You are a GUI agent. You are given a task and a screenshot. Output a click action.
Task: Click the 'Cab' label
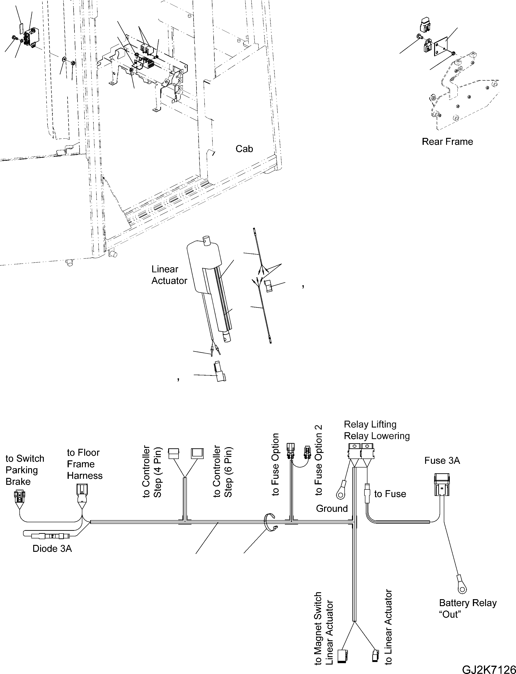coord(244,149)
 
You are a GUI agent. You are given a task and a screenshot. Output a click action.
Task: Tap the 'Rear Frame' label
coord(447,142)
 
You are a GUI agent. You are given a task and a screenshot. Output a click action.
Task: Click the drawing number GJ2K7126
coord(489,668)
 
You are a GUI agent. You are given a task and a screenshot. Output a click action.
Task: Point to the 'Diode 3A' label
coord(52,549)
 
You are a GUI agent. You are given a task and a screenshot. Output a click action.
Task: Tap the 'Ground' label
coord(332,509)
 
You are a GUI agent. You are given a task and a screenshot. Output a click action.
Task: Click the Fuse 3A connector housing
coord(442,486)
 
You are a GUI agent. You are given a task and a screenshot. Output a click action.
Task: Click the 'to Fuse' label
coord(390,494)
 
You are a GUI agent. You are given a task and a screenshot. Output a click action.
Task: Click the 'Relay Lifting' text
coord(370,424)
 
